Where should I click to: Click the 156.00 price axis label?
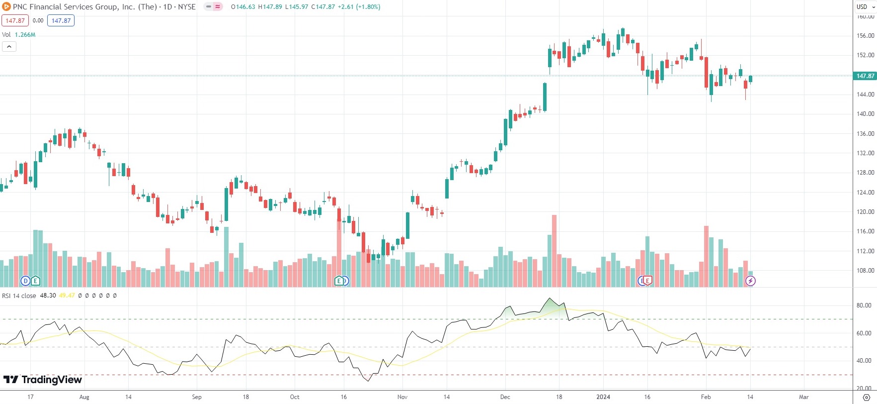tap(865, 36)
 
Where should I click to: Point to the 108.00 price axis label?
tap(865, 271)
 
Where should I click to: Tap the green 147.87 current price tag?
tap(865, 76)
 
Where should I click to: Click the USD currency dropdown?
tap(865, 6)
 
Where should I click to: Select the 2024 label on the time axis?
tap(603, 397)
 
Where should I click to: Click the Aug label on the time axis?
tap(84, 397)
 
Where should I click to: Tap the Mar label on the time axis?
tap(803, 397)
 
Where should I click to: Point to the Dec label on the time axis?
tap(505, 397)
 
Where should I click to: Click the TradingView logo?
tap(43, 380)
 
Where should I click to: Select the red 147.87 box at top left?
tap(15, 21)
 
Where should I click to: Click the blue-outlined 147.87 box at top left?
tap(61, 21)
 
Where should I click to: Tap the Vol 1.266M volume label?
tap(19, 35)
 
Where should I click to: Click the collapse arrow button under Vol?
tap(9, 47)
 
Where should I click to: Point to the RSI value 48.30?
tap(48, 296)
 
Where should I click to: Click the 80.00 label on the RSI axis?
tap(864, 305)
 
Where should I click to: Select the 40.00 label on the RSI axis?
tap(864, 361)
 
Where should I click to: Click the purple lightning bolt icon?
tap(750, 281)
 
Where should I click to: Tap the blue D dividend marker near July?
tap(25, 281)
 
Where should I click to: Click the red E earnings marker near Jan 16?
tap(647, 281)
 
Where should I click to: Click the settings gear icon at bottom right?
tap(867, 397)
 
